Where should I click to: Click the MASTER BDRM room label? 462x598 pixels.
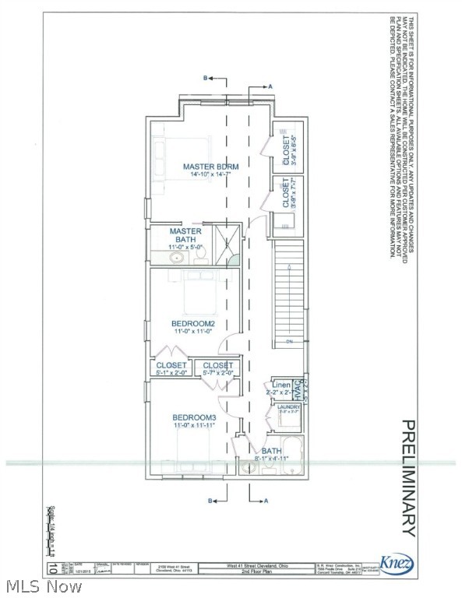coord(210,167)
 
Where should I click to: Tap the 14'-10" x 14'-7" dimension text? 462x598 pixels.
coord(210,177)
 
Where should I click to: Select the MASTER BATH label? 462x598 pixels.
coord(186,235)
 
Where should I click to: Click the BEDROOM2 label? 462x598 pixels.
coord(193,323)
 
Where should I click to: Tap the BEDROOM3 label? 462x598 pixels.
coord(194,418)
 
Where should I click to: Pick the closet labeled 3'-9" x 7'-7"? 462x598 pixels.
coord(286,195)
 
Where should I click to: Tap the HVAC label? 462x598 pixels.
coord(297,389)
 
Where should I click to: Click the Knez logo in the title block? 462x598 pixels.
coord(397,564)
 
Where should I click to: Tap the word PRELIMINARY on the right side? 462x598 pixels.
coord(407,477)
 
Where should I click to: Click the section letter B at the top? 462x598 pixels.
coord(206,79)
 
